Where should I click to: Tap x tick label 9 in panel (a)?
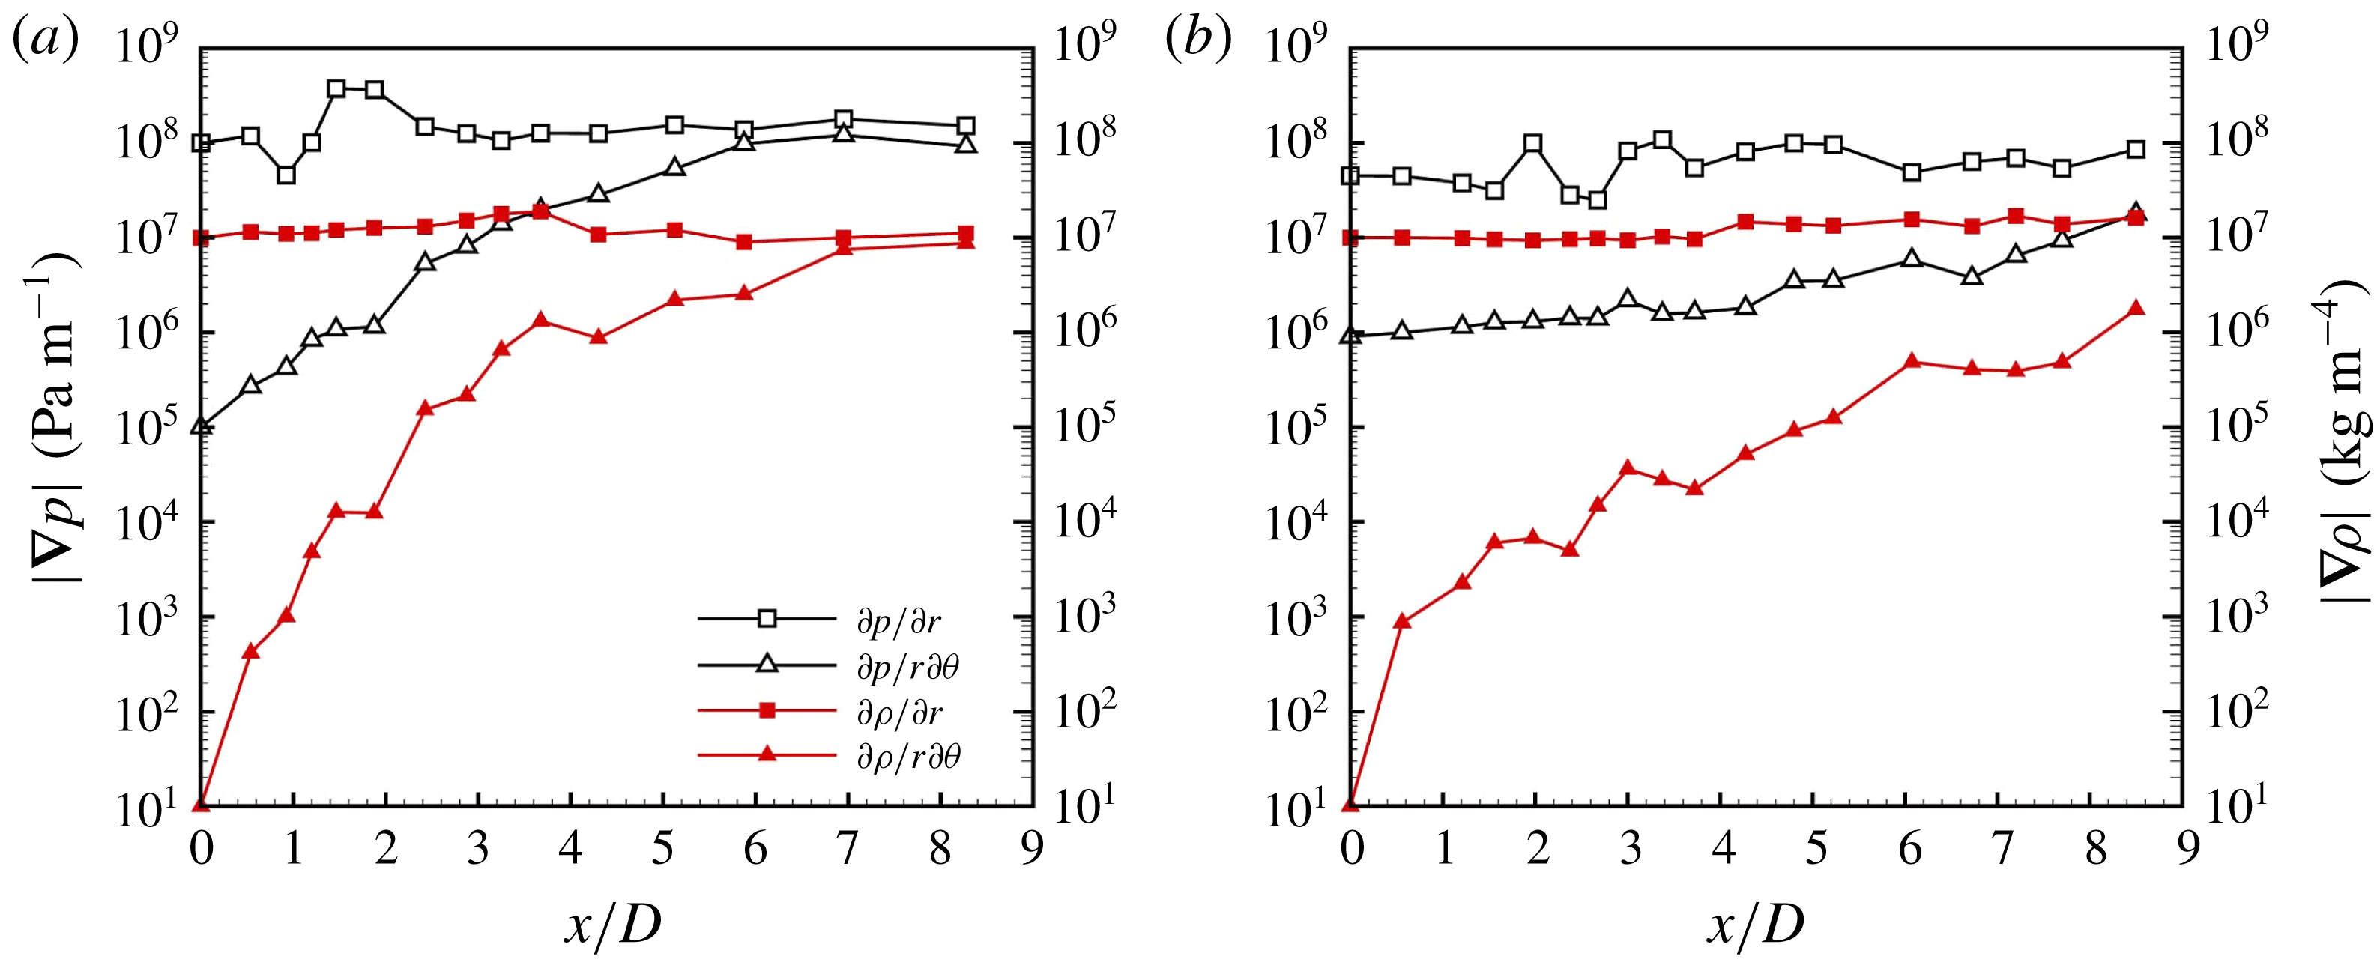point(1033,847)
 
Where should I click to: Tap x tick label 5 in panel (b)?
point(1815,847)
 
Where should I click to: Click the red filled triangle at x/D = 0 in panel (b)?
point(1351,804)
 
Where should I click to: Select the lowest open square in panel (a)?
point(286,175)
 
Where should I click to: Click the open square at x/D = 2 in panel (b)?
point(1534,143)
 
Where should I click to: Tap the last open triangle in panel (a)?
point(966,144)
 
